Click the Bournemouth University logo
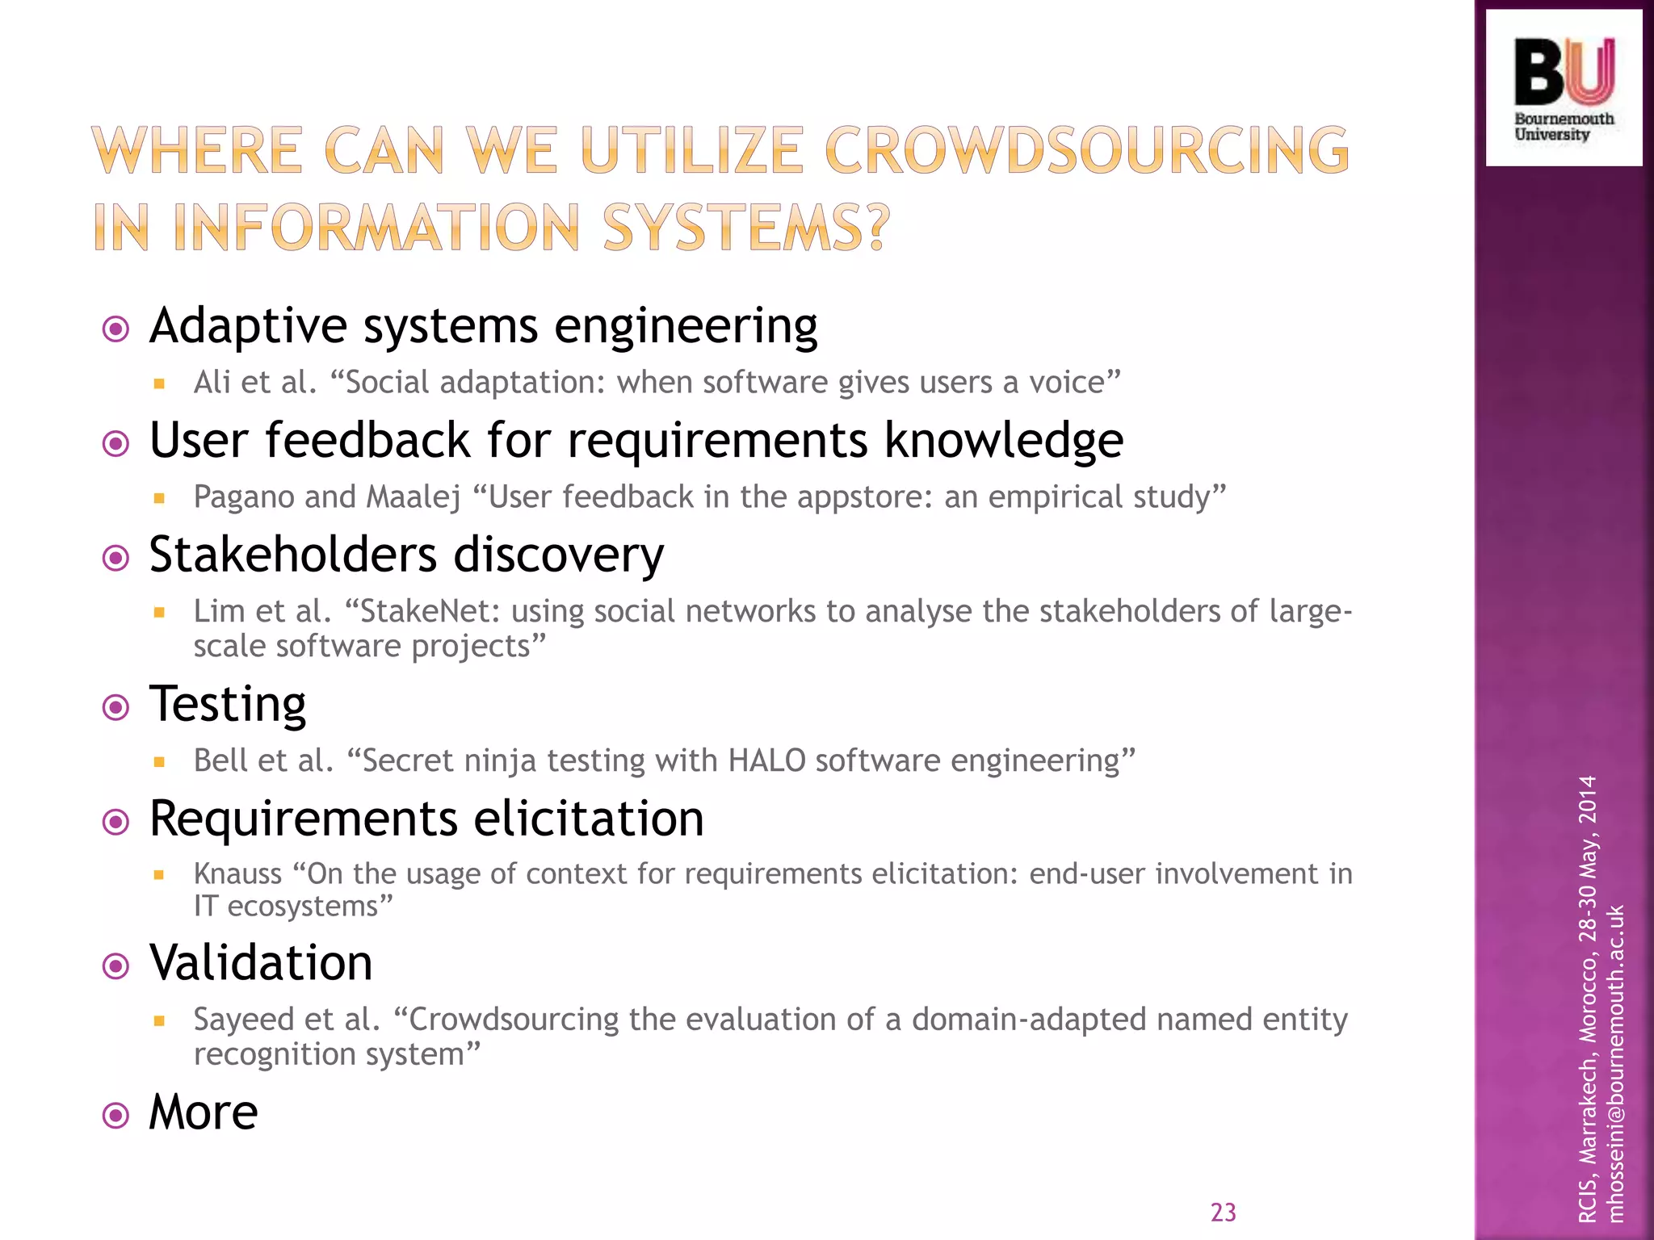1564,88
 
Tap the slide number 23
1223,1212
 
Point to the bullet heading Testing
228,704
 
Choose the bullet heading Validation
261,962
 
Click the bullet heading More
204,1112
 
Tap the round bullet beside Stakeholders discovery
116,558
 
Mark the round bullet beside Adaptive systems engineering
116,329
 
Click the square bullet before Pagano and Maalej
159,499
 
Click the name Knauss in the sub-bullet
237,873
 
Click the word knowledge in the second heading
1004,441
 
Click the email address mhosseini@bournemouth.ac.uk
1614,1064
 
